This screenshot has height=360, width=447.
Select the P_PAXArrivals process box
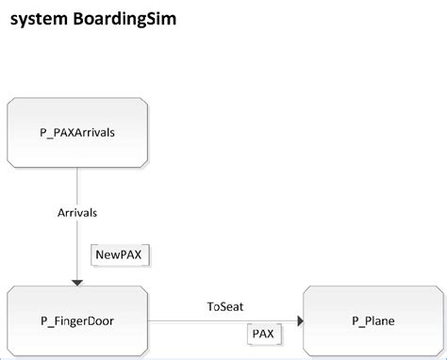[x=77, y=132]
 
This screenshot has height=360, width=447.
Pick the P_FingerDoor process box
[x=77, y=321]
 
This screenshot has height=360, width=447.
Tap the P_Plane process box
[x=374, y=321]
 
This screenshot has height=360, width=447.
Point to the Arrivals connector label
[x=77, y=212]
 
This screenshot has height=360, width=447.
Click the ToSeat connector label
[x=225, y=306]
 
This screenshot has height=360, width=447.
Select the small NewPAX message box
[x=121, y=254]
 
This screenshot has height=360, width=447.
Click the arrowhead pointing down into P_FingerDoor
[x=77, y=282]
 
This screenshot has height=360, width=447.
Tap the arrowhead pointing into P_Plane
[x=299, y=321]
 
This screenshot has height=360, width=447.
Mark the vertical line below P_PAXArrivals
[x=77, y=188]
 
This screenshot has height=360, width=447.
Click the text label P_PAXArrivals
[x=77, y=132]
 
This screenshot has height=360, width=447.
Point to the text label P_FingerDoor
[x=77, y=321]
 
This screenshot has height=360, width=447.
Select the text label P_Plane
[x=374, y=321]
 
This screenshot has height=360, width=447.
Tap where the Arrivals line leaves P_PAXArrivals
[x=77, y=169]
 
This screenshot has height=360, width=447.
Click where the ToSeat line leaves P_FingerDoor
[x=149, y=321]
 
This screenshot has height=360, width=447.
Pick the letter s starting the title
[x=14, y=20]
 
